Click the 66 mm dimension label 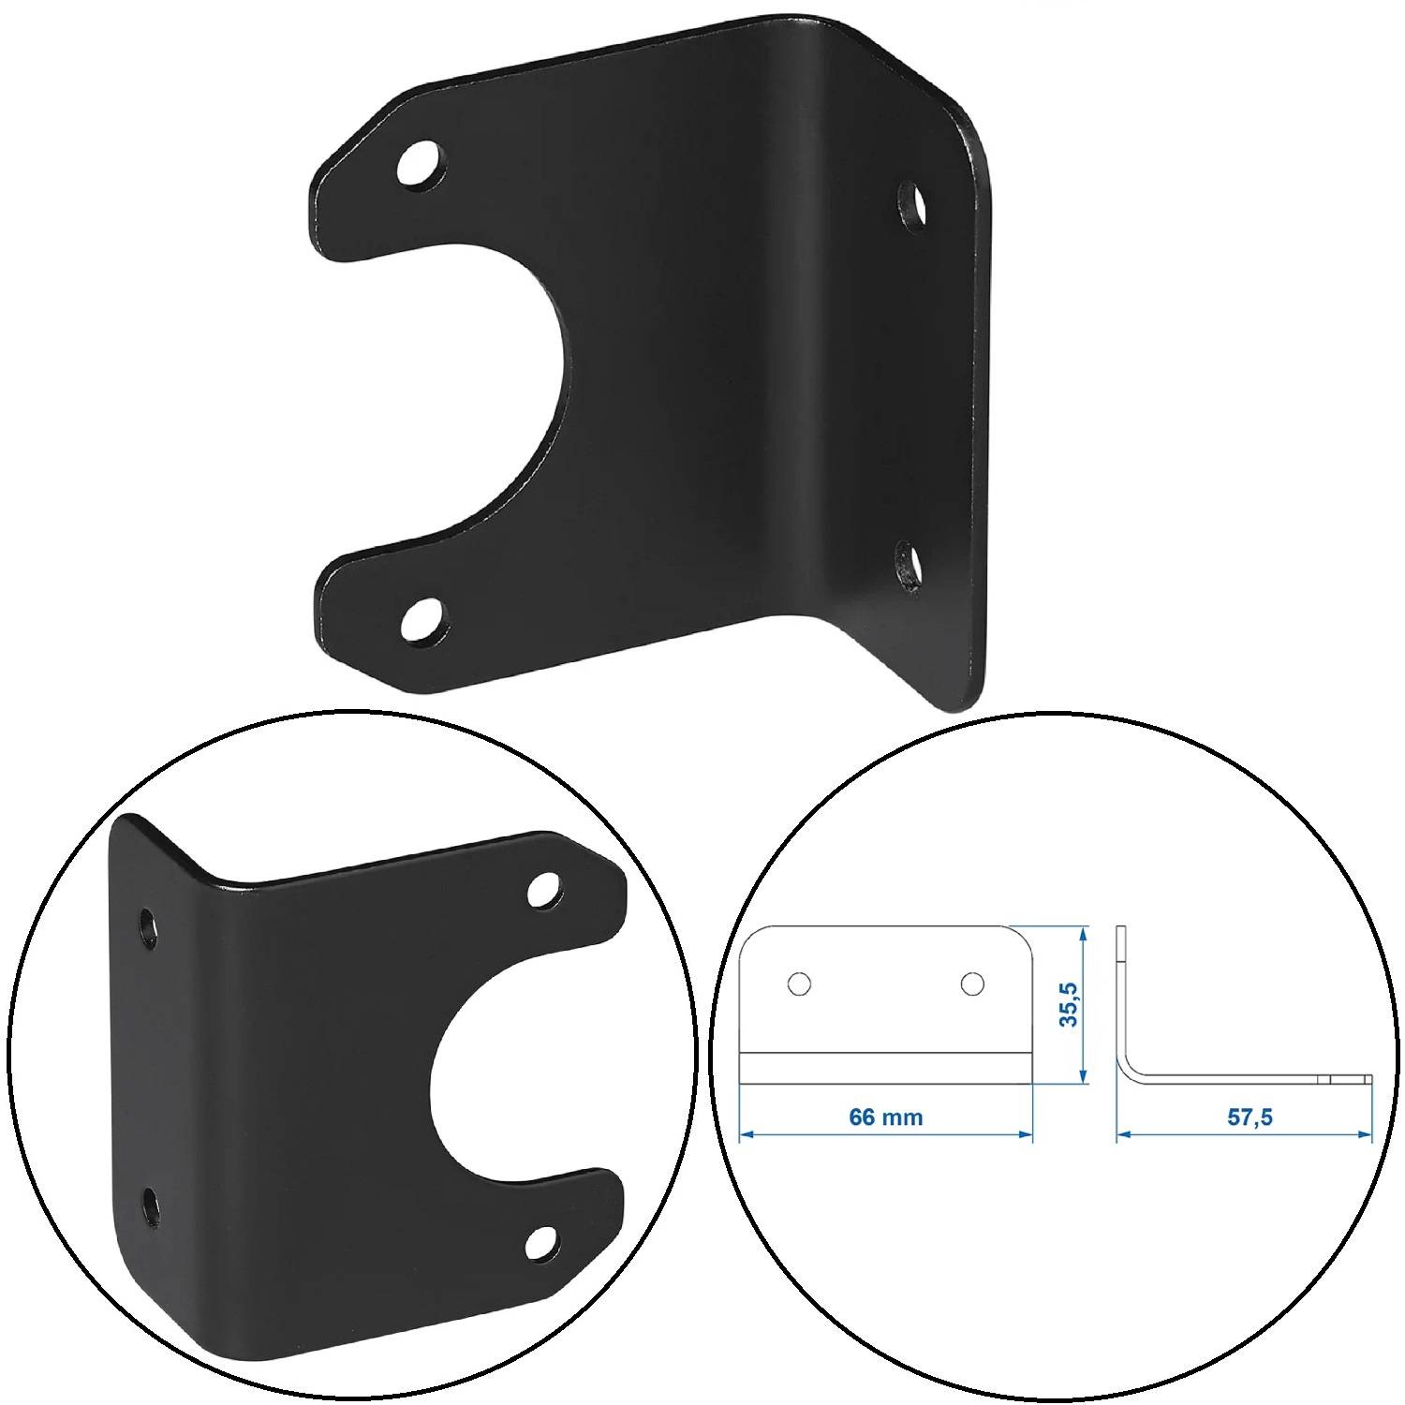pyautogui.click(x=885, y=1117)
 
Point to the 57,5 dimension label pyautogui.click(x=1250, y=1117)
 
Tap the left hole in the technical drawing pyautogui.click(x=799, y=983)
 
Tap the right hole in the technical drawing pyautogui.click(x=972, y=983)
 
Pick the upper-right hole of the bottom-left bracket pyautogui.click(x=544, y=889)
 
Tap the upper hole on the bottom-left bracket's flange pyautogui.click(x=148, y=926)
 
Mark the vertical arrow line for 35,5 pyautogui.click(x=1085, y=1005)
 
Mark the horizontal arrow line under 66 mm pyautogui.click(x=885, y=1136)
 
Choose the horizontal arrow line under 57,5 pyautogui.click(x=1245, y=1136)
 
